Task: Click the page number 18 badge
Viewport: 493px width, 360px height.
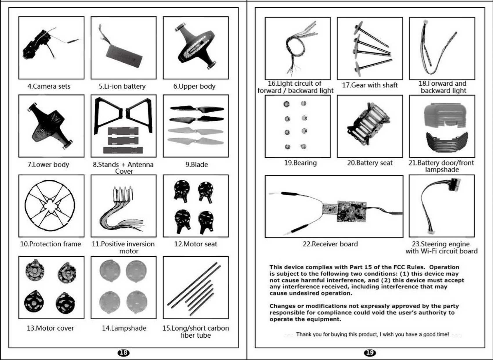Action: coord(123,352)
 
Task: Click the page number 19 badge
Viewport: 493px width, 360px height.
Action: coord(370,352)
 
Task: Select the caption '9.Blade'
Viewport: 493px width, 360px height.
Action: coord(196,165)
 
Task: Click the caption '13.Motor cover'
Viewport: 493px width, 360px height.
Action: coord(50,328)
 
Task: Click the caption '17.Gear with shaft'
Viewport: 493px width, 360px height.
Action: coord(370,85)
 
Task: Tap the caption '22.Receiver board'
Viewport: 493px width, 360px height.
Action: coord(330,244)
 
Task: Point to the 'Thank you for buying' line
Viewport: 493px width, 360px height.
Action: coord(372,334)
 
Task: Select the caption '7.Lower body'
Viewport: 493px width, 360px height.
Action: coord(48,165)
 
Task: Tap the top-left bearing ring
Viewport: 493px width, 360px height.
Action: coord(286,104)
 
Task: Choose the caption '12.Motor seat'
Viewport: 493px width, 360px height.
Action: coord(195,244)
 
